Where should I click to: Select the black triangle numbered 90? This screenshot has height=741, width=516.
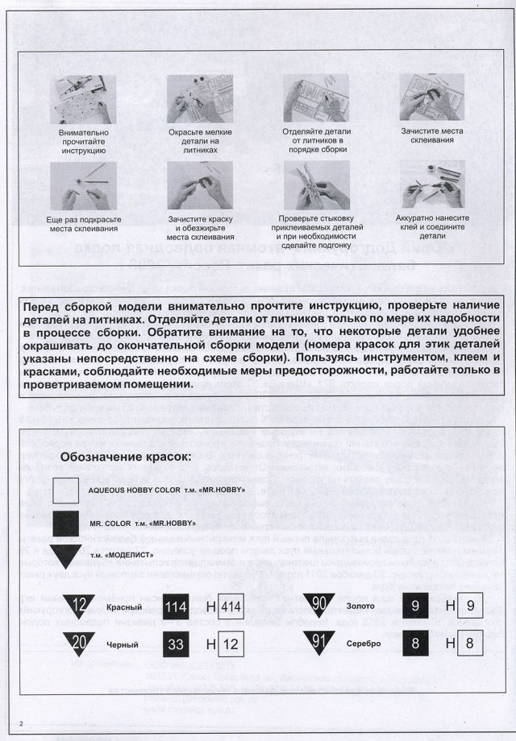[319, 604]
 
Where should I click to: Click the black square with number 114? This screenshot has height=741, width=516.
[177, 607]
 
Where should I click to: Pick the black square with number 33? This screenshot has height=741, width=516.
[177, 644]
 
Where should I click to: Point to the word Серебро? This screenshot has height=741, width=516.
[364, 644]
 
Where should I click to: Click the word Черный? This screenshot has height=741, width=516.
[122, 644]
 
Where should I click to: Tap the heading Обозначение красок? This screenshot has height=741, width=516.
[127, 457]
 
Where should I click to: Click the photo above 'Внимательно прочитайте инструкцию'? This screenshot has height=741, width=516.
[84, 100]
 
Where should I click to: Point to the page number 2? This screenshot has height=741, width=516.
[23, 722]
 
